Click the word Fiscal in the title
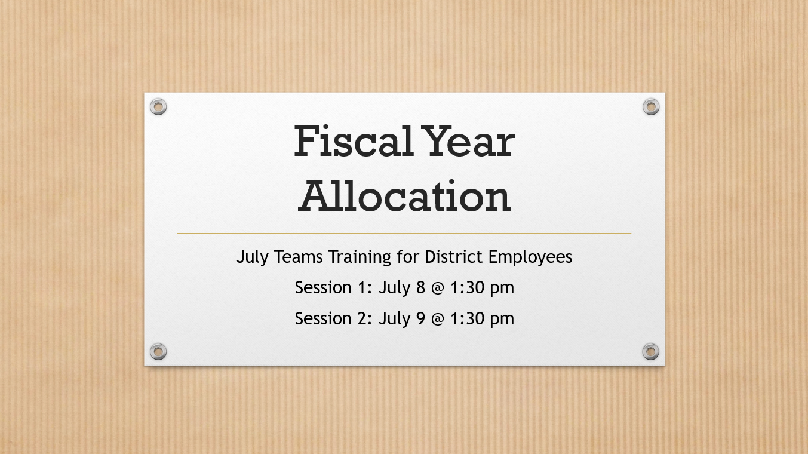point(354,141)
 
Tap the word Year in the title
point(468,141)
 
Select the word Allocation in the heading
point(404,196)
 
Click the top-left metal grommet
point(158,106)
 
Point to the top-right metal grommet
point(651,106)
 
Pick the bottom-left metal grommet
point(158,351)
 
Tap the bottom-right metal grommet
point(651,351)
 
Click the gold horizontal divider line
point(404,234)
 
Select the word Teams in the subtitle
point(299,257)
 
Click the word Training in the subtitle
point(360,257)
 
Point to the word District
point(453,257)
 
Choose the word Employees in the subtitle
point(530,257)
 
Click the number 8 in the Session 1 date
point(420,287)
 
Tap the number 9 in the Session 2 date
point(420,318)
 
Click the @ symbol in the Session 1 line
point(438,288)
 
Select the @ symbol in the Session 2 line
point(438,319)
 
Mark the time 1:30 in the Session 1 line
point(468,287)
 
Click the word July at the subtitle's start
point(253,257)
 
